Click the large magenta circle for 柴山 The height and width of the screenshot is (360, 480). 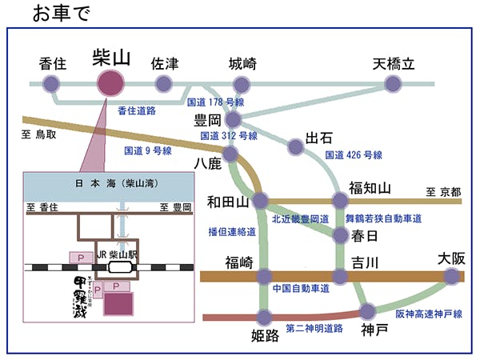(x=110, y=82)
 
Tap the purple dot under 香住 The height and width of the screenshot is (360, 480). (x=51, y=83)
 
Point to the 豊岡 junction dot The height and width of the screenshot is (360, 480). (x=233, y=120)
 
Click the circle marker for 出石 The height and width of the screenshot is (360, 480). (x=296, y=146)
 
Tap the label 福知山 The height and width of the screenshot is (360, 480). (x=370, y=188)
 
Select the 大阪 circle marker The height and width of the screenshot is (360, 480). (x=452, y=277)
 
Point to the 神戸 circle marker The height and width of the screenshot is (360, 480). (x=368, y=311)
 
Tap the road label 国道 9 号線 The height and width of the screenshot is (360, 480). (x=148, y=150)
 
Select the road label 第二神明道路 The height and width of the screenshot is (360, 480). (x=314, y=328)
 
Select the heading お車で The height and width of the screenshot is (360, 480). (x=62, y=14)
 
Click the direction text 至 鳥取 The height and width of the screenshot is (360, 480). (x=39, y=134)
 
